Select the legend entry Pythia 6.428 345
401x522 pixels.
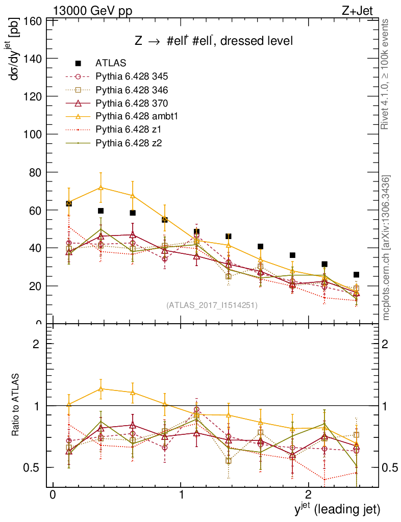click(132, 77)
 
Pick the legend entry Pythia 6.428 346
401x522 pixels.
click(132, 90)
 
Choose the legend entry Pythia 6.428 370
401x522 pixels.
click(132, 103)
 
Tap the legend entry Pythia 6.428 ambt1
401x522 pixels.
click(136, 117)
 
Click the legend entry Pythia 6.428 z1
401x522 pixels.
click(128, 130)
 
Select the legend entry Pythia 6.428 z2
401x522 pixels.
click(128, 143)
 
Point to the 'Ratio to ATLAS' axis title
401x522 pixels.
click(16, 405)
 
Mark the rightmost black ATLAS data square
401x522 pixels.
click(356, 275)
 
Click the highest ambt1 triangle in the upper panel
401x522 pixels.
click(101, 188)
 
